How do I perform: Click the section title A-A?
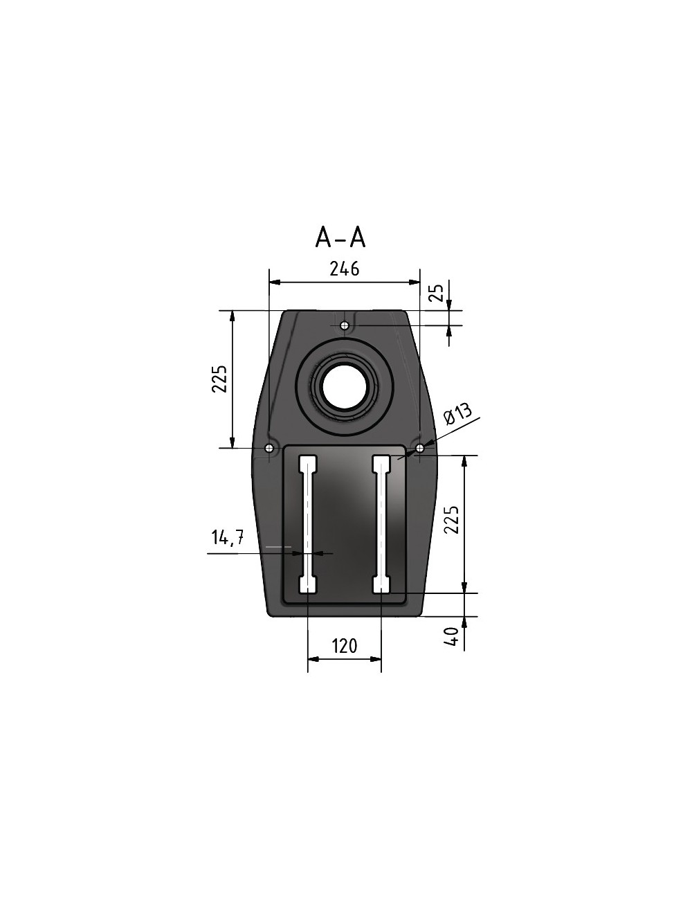(340, 237)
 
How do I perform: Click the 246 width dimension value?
(344, 269)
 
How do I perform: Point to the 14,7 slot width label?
(227, 538)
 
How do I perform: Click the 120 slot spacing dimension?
(344, 646)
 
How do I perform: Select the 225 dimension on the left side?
(219, 379)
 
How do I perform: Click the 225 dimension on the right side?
(451, 519)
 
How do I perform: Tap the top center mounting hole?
(345, 325)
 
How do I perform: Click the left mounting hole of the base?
(268, 449)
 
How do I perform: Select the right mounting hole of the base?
(419, 449)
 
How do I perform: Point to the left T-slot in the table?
(307, 524)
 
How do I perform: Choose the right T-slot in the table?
(382, 524)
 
